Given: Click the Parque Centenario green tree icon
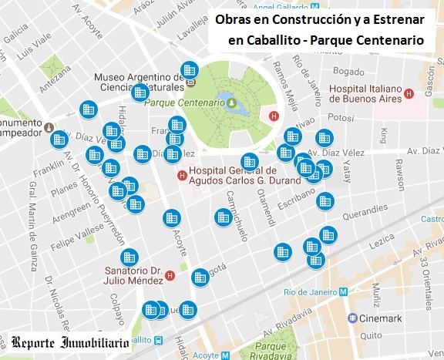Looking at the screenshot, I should click(x=231, y=101).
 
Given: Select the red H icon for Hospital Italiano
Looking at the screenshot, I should click(x=409, y=94).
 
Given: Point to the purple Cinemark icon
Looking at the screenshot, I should click(x=352, y=318).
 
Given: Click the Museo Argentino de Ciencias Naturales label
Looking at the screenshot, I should click(x=135, y=82).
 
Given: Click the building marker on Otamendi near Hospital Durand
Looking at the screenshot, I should click(x=249, y=162).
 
